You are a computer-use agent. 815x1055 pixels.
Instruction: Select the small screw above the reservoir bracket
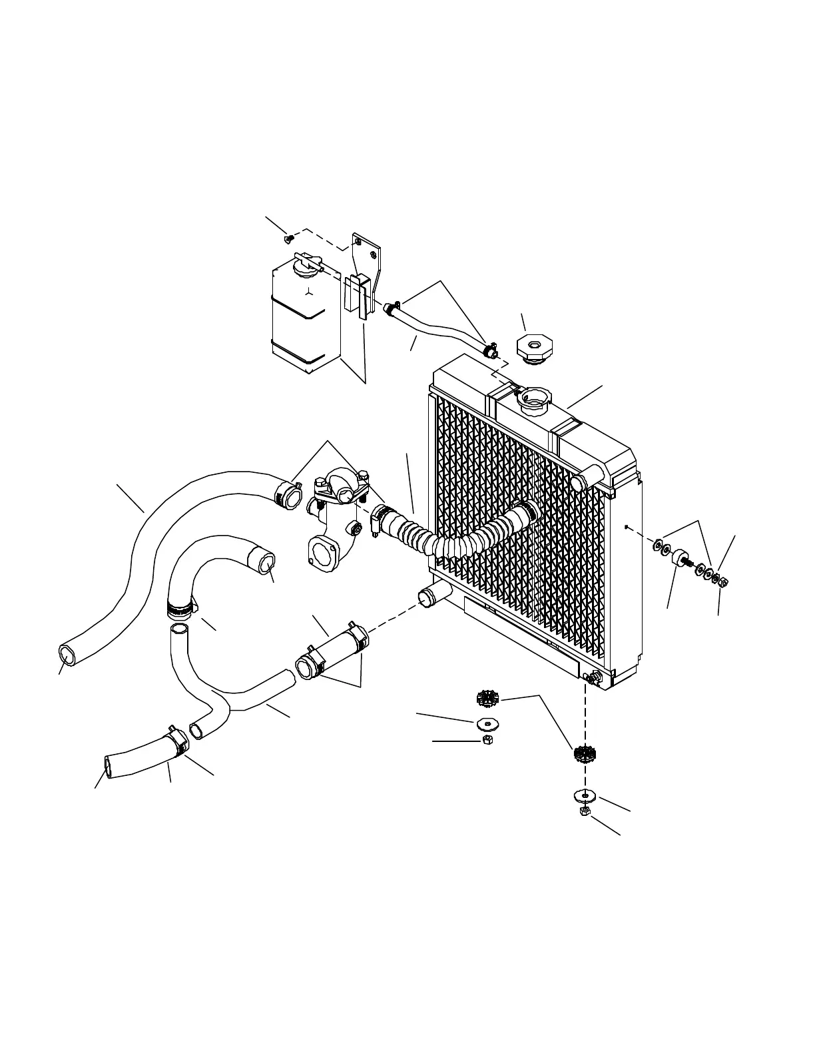288,237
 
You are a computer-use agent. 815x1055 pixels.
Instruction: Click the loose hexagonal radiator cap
534,348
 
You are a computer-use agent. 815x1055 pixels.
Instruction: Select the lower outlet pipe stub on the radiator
430,596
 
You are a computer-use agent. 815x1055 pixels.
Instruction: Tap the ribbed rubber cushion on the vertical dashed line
584,755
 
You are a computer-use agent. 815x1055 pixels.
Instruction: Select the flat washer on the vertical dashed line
584,795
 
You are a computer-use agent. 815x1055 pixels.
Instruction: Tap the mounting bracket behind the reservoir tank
366,266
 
